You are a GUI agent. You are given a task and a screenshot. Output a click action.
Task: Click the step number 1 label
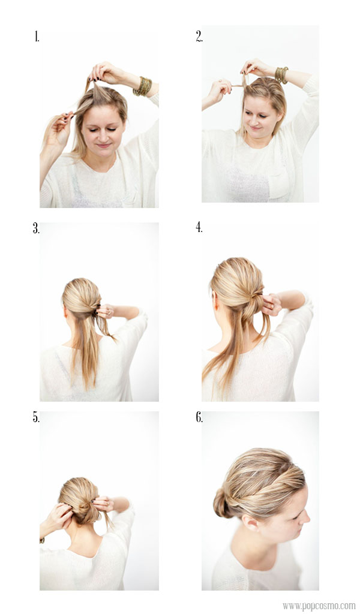37,37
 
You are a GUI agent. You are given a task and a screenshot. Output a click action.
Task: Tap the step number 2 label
199,37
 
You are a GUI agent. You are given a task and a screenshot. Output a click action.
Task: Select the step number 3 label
36,228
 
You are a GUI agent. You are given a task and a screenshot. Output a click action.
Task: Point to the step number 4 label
199,227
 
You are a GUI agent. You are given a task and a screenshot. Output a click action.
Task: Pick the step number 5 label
36,417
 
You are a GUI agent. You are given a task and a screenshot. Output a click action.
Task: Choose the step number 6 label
199,417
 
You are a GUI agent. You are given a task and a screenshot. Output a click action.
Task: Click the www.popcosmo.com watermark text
319,606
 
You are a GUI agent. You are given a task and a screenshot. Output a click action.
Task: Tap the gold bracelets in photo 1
143,86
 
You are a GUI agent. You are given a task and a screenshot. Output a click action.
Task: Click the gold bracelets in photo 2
281,75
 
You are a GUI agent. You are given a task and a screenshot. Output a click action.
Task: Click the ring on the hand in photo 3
110,312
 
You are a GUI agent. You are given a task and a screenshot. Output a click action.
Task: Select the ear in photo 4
215,302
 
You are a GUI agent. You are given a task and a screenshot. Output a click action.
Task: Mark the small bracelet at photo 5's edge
41,540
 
